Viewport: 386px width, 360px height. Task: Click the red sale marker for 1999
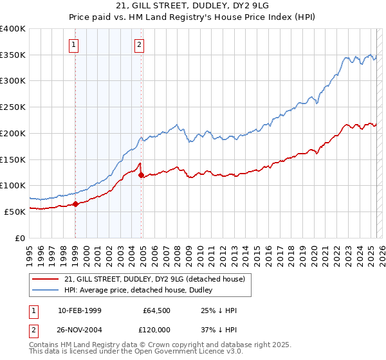[75, 204]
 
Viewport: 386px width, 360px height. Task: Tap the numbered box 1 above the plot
[75, 44]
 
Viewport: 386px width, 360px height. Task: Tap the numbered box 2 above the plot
[140, 44]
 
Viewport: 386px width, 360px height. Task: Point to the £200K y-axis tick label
[13, 133]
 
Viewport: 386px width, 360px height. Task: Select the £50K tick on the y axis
[15, 212]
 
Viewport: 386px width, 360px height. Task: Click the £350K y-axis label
[13, 55]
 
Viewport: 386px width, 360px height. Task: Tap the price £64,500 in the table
[157, 310]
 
